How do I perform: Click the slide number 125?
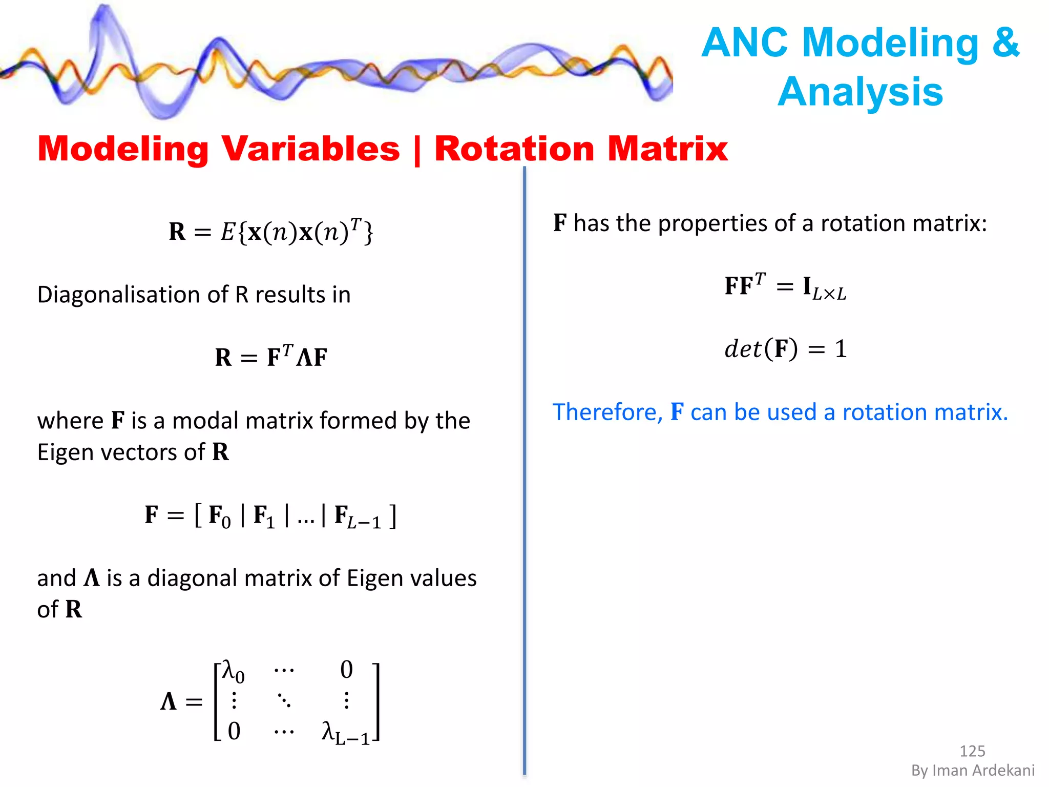[972, 751]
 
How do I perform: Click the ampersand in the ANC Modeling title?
[1005, 43]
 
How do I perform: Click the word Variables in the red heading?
[310, 149]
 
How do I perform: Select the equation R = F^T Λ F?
[270, 357]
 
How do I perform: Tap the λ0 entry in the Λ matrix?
[233, 671]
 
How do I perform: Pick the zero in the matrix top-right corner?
[347, 670]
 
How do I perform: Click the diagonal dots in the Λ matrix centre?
[284, 700]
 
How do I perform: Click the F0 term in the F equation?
[219, 516]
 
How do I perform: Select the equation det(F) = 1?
[785, 349]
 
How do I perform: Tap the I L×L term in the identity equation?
[824, 288]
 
